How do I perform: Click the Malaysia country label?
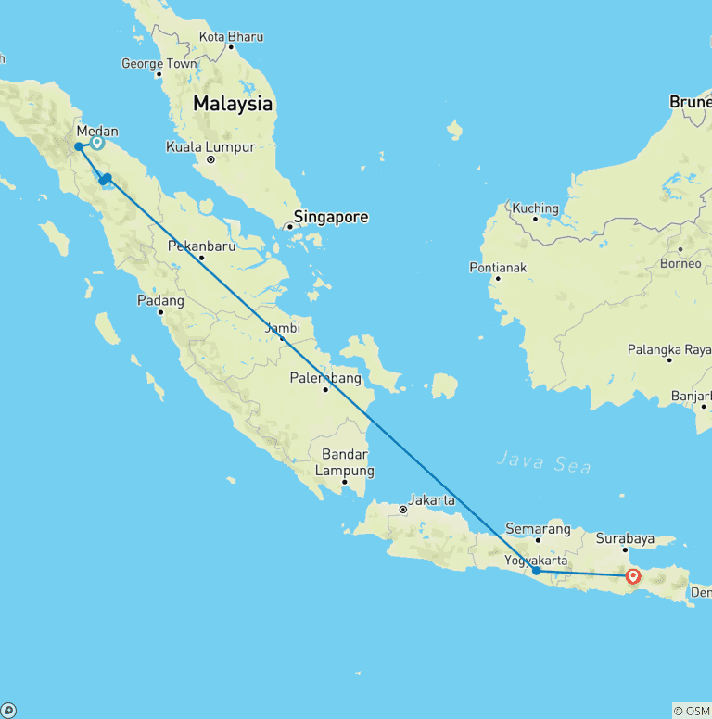point(233,104)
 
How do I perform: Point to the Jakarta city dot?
point(403,510)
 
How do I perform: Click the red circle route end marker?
point(633,576)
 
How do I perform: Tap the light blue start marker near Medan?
point(97,143)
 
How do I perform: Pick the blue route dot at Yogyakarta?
point(537,571)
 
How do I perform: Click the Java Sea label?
point(544,461)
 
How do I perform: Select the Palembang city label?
point(325,378)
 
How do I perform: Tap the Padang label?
point(160,300)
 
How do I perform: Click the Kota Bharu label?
point(231,37)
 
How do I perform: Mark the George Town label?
point(159,64)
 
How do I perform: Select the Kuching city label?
point(535,208)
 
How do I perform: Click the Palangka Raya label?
point(669,348)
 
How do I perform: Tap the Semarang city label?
point(540,529)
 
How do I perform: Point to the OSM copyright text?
point(693,711)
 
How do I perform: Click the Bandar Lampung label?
point(344,462)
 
